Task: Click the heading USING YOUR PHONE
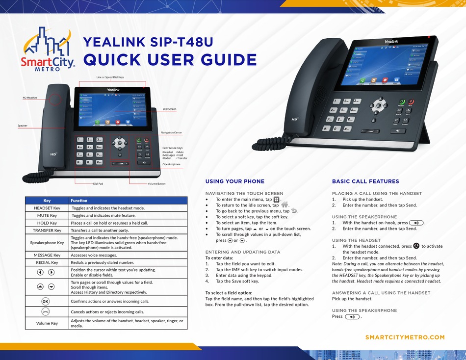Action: pyautogui.click(x=234, y=181)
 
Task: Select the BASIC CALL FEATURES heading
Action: pyautogui.click(x=365, y=181)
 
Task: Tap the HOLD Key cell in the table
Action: pyautogui.click(x=47, y=223)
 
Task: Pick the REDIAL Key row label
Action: pyautogui.click(x=47, y=262)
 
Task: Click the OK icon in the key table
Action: pyautogui.click(x=45, y=301)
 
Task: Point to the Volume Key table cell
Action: pyautogui.click(x=47, y=323)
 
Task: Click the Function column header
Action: pyautogui.click(x=79, y=201)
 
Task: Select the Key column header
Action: pyautogui.click(x=47, y=201)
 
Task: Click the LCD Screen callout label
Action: pyautogui.click(x=169, y=109)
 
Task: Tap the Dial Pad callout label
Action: pyautogui.click(x=98, y=184)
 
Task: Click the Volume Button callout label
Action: pyautogui.click(x=156, y=184)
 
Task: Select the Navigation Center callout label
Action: pyautogui.click(x=171, y=132)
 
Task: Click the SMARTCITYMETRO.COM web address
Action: pyautogui.click(x=405, y=337)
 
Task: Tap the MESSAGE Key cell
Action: pyautogui.click(x=47, y=255)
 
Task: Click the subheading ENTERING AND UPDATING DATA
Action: pyautogui.click(x=243, y=252)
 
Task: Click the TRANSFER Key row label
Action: pyautogui.click(x=47, y=230)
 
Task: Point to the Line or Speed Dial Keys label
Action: pyautogui.click(x=110, y=77)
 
